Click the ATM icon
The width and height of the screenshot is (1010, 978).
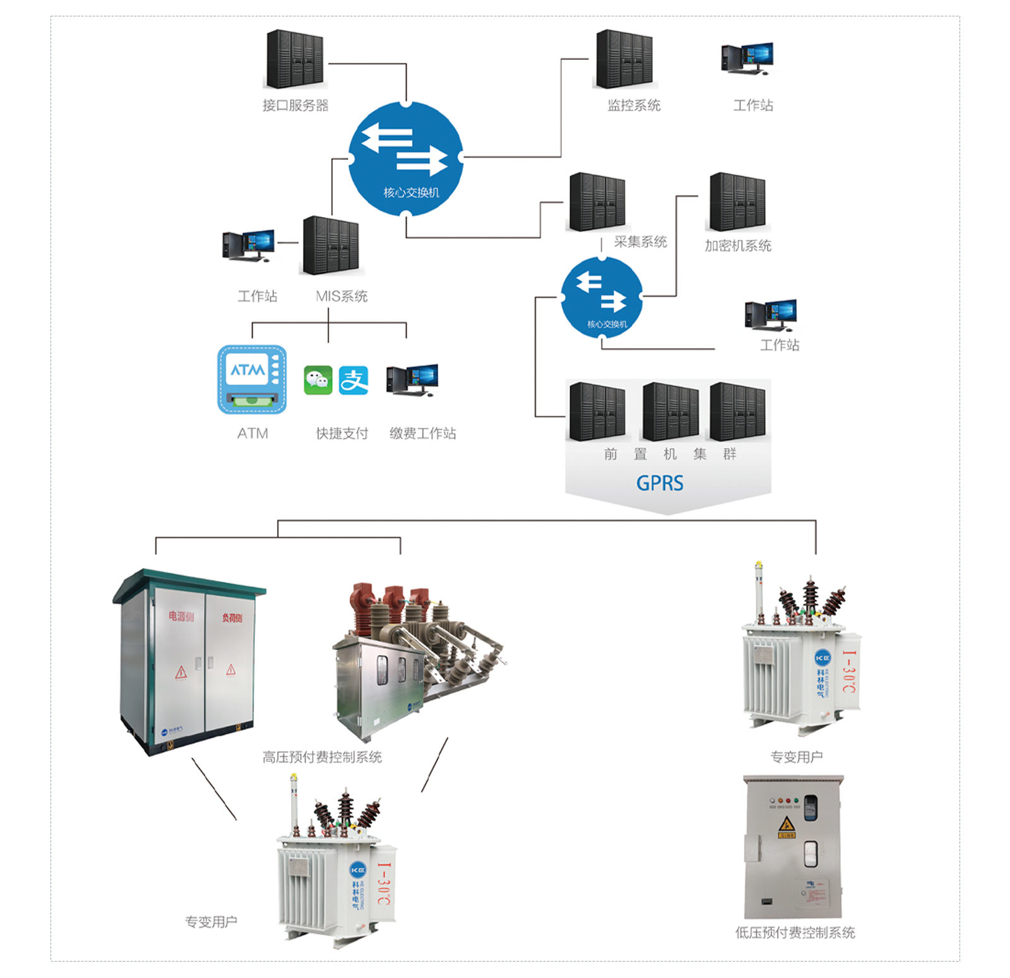(252, 379)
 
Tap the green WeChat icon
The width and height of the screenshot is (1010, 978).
(318, 380)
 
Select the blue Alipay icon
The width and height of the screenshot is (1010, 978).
(353, 380)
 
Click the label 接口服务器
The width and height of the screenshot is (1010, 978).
(295, 105)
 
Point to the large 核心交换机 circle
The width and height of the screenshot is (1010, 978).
(406, 159)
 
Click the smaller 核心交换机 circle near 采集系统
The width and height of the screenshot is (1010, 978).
(602, 297)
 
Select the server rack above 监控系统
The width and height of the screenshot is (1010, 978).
(624, 59)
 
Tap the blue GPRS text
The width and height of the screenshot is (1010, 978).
(660, 483)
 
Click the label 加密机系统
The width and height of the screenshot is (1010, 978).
(738, 245)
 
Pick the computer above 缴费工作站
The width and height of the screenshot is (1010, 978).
(413, 379)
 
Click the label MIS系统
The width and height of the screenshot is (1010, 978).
(342, 296)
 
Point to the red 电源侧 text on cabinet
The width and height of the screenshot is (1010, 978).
(181, 616)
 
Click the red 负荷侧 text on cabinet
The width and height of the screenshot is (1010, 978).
(232, 618)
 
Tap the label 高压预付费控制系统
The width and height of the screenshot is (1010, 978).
(322, 757)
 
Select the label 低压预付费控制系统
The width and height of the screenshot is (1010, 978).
(795, 933)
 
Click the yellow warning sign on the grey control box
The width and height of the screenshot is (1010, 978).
(786, 824)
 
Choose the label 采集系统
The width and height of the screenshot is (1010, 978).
(640, 242)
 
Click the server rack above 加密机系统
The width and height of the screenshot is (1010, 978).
(737, 202)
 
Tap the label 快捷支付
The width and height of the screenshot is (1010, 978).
(342, 433)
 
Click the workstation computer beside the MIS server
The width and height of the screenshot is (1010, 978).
(249, 245)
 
